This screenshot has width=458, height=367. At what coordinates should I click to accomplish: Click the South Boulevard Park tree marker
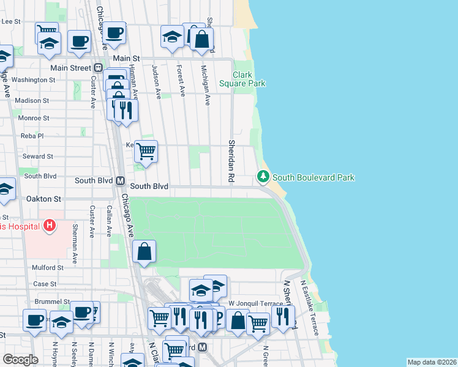pos(263,177)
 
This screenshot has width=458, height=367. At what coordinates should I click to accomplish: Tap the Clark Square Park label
pos(242,79)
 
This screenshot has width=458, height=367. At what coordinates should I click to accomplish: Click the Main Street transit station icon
pos(97,68)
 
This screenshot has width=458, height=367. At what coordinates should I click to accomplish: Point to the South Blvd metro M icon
pos(119,181)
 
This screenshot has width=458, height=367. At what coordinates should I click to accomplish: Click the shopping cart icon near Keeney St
pos(146,150)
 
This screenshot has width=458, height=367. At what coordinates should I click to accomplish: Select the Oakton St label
pos(44,199)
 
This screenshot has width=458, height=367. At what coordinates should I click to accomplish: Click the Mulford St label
pos(48,267)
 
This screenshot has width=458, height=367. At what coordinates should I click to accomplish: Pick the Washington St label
pos(34,80)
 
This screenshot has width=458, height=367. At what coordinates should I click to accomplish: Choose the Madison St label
pos(32,100)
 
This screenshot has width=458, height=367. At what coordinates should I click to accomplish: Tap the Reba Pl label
pos(32,136)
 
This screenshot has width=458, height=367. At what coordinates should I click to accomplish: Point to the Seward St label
pos(37,156)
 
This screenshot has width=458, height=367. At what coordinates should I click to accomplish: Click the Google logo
pos(21,360)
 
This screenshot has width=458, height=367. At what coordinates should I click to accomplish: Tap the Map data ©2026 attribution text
pos(431,362)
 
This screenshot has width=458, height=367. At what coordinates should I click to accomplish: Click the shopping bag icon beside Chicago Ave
pos(144,251)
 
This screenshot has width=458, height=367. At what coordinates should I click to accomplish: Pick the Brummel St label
pos(52,302)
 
